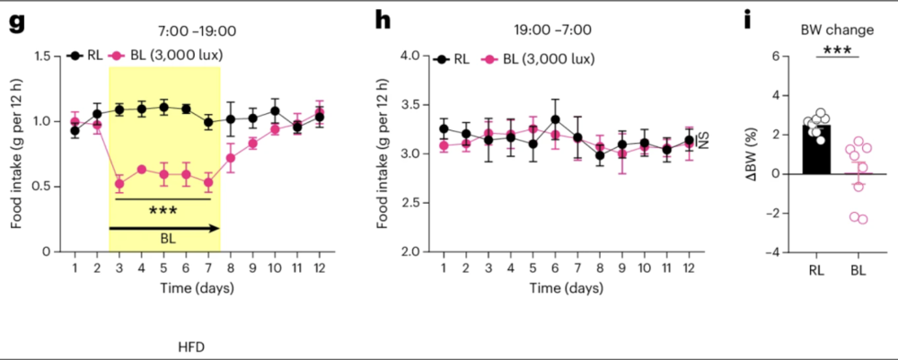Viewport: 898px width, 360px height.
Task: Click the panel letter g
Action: pyautogui.click(x=15, y=24)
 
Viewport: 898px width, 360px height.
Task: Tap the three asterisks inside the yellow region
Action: pyautogui.click(x=163, y=209)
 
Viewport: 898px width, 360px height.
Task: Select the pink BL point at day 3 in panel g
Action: pyautogui.click(x=119, y=184)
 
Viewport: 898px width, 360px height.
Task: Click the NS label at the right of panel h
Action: pyautogui.click(x=703, y=141)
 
